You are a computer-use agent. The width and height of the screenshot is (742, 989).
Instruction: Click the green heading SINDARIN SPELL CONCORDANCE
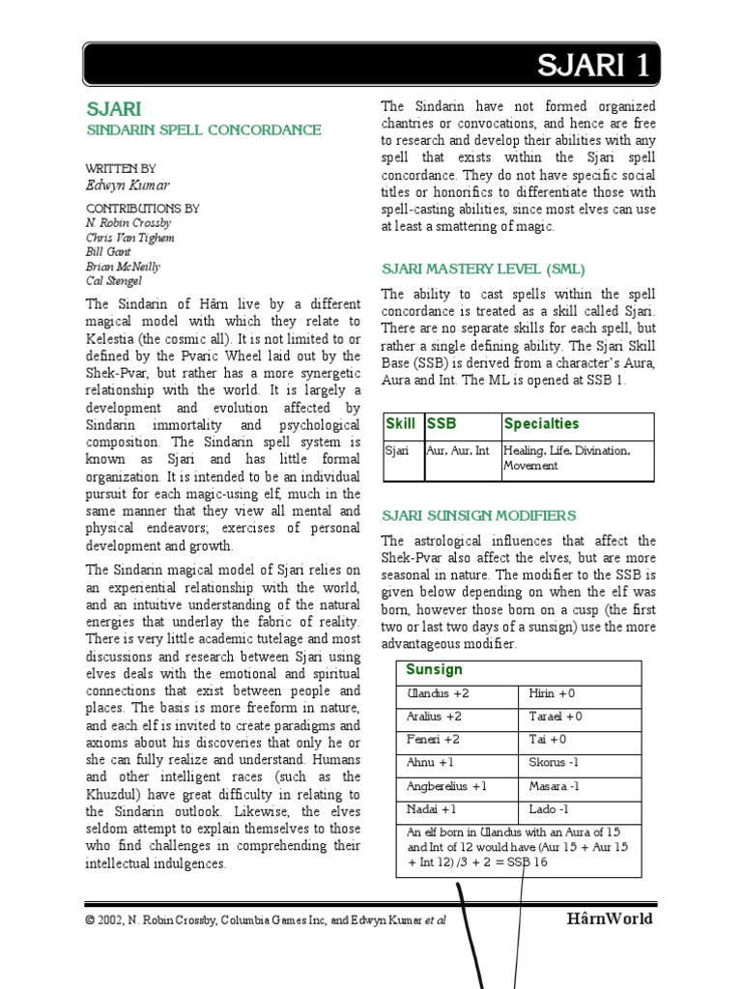click(x=204, y=129)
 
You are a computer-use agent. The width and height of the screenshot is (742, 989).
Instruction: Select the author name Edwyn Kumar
click(x=121, y=185)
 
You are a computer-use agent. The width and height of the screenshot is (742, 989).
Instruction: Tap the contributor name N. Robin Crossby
click(x=128, y=223)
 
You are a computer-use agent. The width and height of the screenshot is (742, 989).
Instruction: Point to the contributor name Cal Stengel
click(x=113, y=281)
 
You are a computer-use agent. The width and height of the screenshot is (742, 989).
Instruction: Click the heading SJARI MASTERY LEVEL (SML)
click(x=483, y=268)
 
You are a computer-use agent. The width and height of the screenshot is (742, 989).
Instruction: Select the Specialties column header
click(x=541, y=424)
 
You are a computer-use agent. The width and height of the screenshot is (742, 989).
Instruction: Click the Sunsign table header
click(x=434, y=670)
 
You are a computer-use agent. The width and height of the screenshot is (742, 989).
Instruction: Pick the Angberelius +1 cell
click(x=446, y=786)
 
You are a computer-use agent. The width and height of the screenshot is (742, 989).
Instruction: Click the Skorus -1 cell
click(x=556, y=763)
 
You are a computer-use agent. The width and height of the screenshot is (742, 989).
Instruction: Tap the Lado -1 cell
click(x=549, y=809)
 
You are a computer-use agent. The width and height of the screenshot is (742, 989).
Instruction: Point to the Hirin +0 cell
click(x=552, y=693)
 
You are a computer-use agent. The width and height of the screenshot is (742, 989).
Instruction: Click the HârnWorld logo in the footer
click(x=609, y=918)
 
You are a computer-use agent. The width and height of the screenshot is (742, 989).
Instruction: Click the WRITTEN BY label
click(x=121, y=168)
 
